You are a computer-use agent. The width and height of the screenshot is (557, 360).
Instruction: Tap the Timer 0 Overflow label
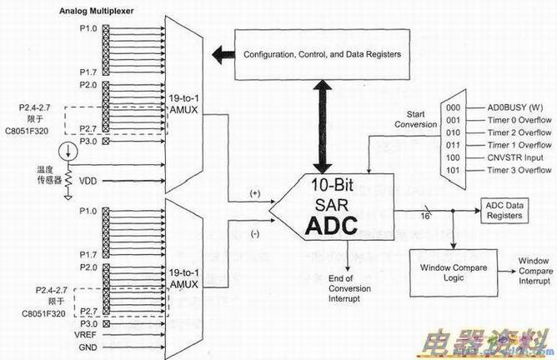tap(519, 120)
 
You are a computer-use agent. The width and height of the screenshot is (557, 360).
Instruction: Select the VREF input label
tap(86, 334)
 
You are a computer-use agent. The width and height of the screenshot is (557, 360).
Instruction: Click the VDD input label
tap(88, 179)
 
